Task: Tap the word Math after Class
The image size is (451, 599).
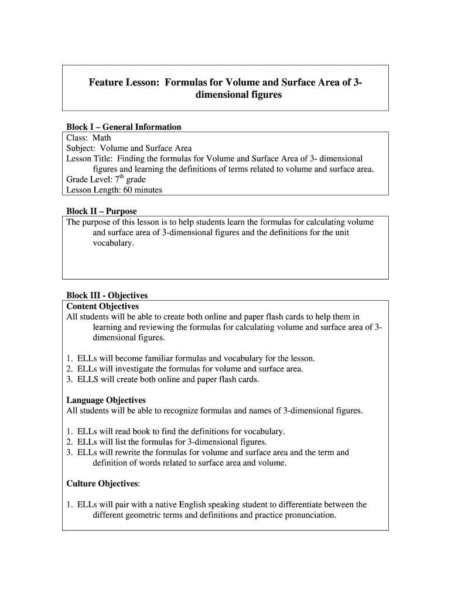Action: tap(102, 137)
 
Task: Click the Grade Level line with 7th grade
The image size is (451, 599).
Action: tap(106, 180)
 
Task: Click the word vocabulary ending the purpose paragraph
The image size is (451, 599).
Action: tap(113, 243)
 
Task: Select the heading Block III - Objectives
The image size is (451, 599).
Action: tap(107, 295)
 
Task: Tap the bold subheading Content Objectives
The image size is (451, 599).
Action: tap(102, 306)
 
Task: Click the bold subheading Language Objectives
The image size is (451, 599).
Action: tap(106, 400)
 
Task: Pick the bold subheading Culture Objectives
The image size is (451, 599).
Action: tap(103, 484)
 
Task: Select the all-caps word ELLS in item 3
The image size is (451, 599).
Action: tap(88, 379)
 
